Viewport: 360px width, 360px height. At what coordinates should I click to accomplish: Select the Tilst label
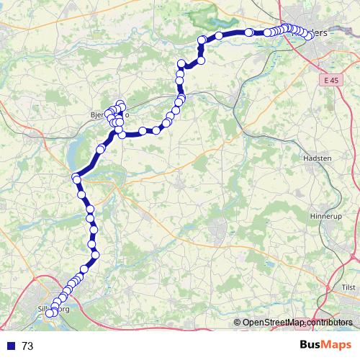348,287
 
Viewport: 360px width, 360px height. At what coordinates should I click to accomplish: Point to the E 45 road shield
330,81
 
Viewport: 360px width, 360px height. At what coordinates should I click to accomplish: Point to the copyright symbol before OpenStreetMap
237,323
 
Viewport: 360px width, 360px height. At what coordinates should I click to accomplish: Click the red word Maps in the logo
335,345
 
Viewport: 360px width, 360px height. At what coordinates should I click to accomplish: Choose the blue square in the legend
10,346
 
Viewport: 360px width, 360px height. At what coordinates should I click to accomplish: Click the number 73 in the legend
28,346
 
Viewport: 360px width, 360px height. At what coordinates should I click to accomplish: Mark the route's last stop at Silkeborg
50,313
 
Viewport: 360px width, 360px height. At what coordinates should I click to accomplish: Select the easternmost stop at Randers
310,38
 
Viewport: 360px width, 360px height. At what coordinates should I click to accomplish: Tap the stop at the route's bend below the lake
76,178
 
